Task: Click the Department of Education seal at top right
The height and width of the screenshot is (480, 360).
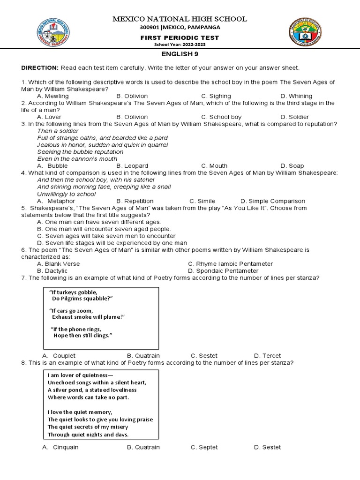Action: click(305, 34)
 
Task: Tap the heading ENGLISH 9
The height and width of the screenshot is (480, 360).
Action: click(180, 54)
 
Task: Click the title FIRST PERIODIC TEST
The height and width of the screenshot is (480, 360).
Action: click(180, 37)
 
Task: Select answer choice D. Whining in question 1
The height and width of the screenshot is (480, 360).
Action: click(296, 96)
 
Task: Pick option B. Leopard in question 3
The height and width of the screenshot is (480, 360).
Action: click(132, 165)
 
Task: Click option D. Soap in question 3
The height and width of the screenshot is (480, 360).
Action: click(292, 165)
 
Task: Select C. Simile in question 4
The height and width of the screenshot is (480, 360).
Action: click(202, 201)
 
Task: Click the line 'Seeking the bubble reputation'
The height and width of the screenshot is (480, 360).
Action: click(80, 152)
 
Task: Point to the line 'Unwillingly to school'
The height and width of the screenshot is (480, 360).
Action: click(67, 194)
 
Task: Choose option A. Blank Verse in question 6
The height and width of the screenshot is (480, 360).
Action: click(58, 264)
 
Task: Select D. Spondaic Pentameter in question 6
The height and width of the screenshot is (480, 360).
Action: click(223, 271)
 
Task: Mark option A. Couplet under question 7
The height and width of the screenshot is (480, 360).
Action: click(59, 356)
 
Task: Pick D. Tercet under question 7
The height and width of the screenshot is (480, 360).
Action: click(267, 356)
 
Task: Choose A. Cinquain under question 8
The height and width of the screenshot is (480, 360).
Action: click(60, 447)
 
